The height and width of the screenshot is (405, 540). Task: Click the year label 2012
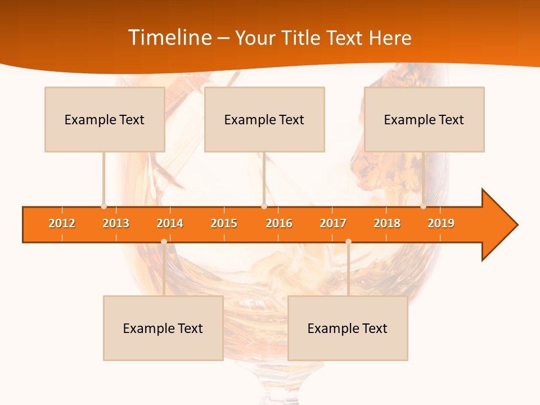pyautogui.click(x=62, y=223)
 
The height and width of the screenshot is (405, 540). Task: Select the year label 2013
pyautogui.click(x=116, y=223)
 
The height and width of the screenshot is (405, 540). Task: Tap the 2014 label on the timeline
pyautogui.click(x=170, y=223)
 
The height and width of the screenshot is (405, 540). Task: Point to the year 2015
pyautogui.click(x=224, y=223)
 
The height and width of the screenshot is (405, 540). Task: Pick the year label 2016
pyautogui.click(x=279, y=223)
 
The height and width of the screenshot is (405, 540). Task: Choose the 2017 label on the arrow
pyautogui.click(x=333, y=223)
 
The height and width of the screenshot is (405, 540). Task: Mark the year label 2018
pyautogui.click(x=387, y=223)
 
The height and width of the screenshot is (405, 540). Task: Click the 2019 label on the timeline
pyautogui.click(x=441, y=223)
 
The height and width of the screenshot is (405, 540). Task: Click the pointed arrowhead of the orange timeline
pyautogui.click(x=501, y=225)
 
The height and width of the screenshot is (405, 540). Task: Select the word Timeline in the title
pyautogui.click(x=169, y=38)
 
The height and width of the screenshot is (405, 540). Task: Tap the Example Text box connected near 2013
pyautogui.click(x=105, y=119)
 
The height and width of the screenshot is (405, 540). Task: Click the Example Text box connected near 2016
pyautogui.click(x=264, y=119)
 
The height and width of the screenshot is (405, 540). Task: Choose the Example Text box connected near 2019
pyautogui.click(x=424, y=119)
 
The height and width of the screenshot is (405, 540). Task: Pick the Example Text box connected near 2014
pyautogui.click(x=163, y=328)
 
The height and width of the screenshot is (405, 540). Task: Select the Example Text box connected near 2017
pyautogui.click(x=348, y=328)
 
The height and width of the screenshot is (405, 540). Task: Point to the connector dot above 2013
pyautogui.click(x=103, y=206)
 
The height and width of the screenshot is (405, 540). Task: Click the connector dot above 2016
pyautogui.click(x=264, y=206)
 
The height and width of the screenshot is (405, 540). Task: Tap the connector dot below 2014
pyautogui.click(x=164, y=241)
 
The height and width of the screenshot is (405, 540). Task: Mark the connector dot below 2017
pyautogui.click(x=348, y=241)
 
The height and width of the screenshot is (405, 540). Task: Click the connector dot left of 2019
pyautogui.click(x=423, y=206)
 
